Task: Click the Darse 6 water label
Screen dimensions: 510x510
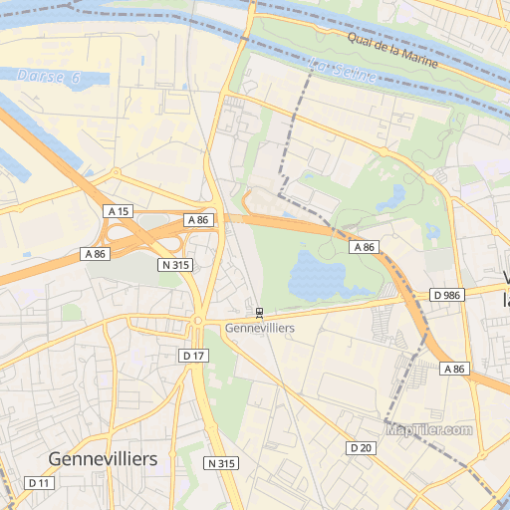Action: (48, 77)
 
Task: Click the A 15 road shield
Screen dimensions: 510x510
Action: (118, 211)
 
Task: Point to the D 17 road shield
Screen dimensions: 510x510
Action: (193, 356)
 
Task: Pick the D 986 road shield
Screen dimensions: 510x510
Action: (448, 296)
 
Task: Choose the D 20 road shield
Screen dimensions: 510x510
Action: (361, 448)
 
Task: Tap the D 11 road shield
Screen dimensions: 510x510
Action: (39, 483)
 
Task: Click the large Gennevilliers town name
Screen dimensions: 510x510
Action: (103, 459)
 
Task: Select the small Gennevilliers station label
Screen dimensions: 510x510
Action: (260, 328)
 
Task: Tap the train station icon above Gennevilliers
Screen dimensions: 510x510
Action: (260, 312)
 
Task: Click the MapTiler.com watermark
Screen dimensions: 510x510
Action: (428, 430)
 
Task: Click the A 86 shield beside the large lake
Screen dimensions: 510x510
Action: (364, 246)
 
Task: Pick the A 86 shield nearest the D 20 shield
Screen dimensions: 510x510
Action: (454, 369)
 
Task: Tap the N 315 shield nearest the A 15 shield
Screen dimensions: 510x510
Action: (175, 265)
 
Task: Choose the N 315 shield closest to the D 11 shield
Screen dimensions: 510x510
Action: (221, 464)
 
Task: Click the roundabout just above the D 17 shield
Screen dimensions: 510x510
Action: (197, 321)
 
